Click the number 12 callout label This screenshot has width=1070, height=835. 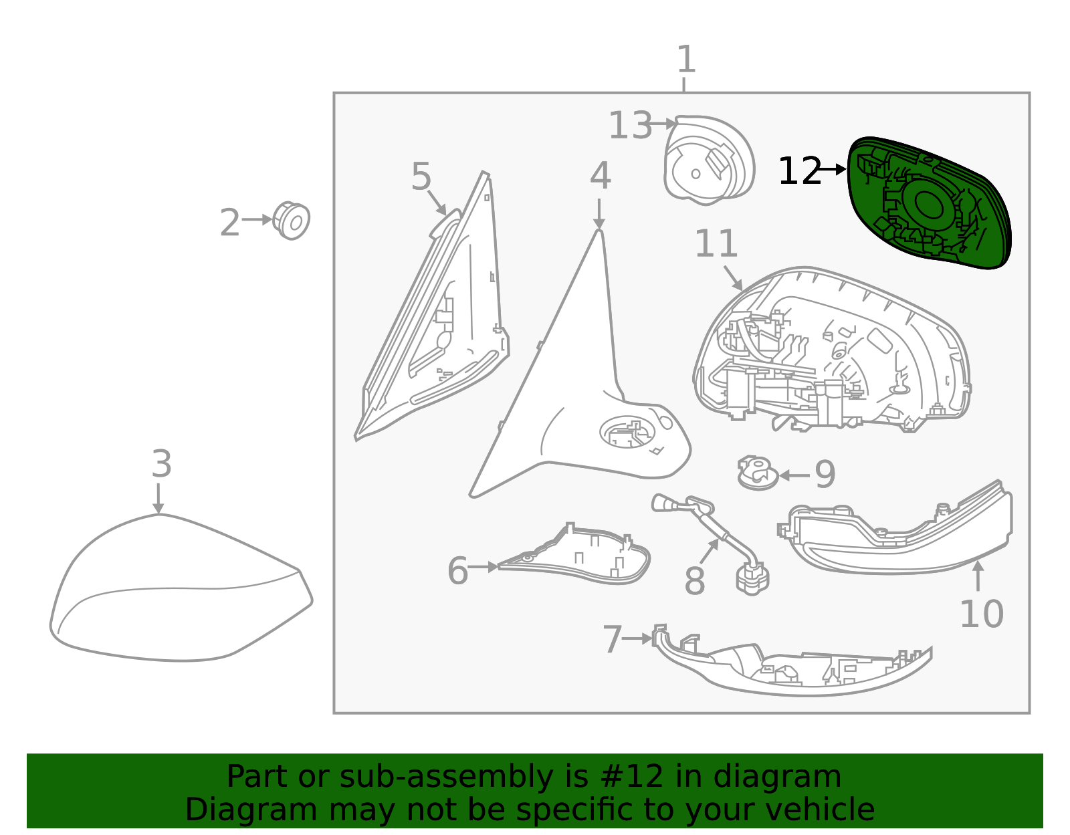[800, 171]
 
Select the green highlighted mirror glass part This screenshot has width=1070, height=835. [929, 202]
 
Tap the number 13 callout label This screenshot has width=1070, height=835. [630, 125]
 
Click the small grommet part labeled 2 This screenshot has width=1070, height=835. [292, 221]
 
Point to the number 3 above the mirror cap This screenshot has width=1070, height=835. [162, 463]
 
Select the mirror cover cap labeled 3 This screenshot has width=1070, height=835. [181, 588]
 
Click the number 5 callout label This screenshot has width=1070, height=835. [421, 176]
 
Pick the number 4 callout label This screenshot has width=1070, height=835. [601, 175]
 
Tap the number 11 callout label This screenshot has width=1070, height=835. [716, 243]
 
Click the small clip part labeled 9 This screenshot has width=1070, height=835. [758, 473]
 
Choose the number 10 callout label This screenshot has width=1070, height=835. [981, 614]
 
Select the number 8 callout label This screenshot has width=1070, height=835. [694, 580]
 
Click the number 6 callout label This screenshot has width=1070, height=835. [457, 571]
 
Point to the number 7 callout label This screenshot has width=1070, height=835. [612, 639]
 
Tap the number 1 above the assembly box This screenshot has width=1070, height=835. [686, 59]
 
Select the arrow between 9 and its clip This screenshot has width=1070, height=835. [794, 475]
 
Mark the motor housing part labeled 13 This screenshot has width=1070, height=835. [709, 160]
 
